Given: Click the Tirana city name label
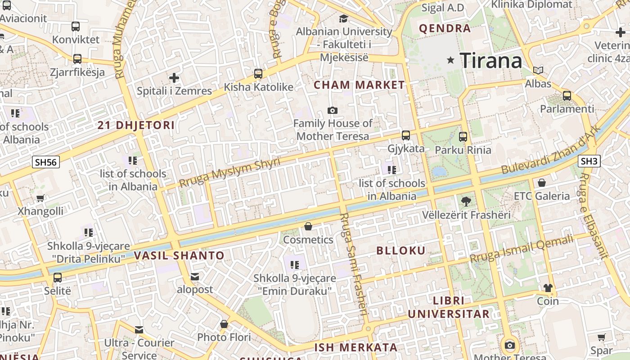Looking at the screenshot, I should pos(490,60).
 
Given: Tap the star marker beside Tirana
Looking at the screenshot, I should pos(450,60).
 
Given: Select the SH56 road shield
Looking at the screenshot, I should pos(46,162).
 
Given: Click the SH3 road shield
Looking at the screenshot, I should pos(589,161).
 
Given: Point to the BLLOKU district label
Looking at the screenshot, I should pos(400,251).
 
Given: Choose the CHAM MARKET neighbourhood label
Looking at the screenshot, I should pos(359,85).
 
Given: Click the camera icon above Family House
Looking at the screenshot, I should pos(333,110).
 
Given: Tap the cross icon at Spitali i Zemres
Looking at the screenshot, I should pos(174,78).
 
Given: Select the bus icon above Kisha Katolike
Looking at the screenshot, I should pos(258,74).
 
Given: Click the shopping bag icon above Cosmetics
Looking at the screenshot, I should pos(308,226).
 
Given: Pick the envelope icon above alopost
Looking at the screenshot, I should pos(195,276).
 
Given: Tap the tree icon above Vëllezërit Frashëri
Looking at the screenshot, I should pos(466,202).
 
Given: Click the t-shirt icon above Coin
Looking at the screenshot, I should pos(548,288).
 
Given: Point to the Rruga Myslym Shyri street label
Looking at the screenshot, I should pos(229,172).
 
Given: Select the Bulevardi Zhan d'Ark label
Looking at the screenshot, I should pos(550,150).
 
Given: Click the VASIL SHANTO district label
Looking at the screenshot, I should pos(179,256).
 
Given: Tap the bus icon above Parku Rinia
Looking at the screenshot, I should pos(463,137).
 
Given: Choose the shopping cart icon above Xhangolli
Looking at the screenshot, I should pos(40,198).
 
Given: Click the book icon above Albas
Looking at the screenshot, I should pos(538,70).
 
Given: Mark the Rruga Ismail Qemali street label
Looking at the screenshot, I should pos(522,249).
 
